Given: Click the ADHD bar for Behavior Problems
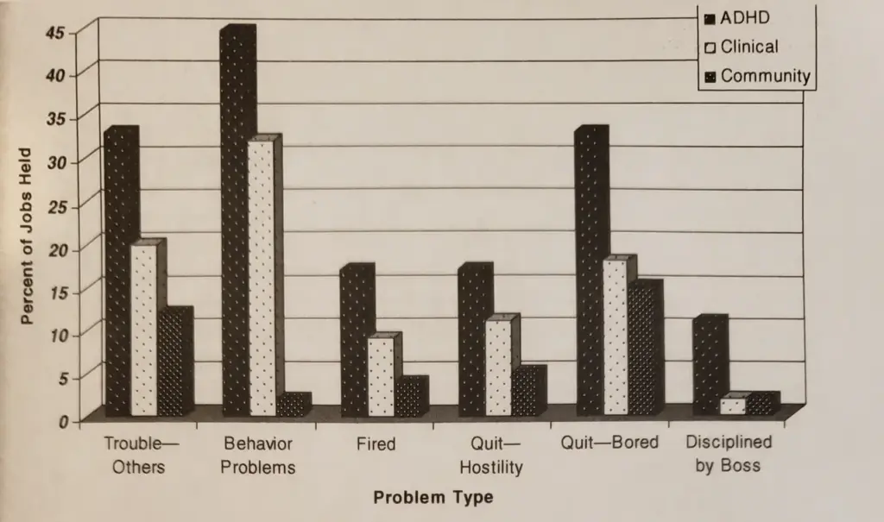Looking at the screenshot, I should click(x=235, y=224).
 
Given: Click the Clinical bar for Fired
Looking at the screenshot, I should click(x=381, y=377).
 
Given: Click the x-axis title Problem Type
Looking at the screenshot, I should click(x=433, y=498).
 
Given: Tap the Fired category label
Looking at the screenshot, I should click(x=376, y=444).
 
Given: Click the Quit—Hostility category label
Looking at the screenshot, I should click(x=491, y=456).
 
